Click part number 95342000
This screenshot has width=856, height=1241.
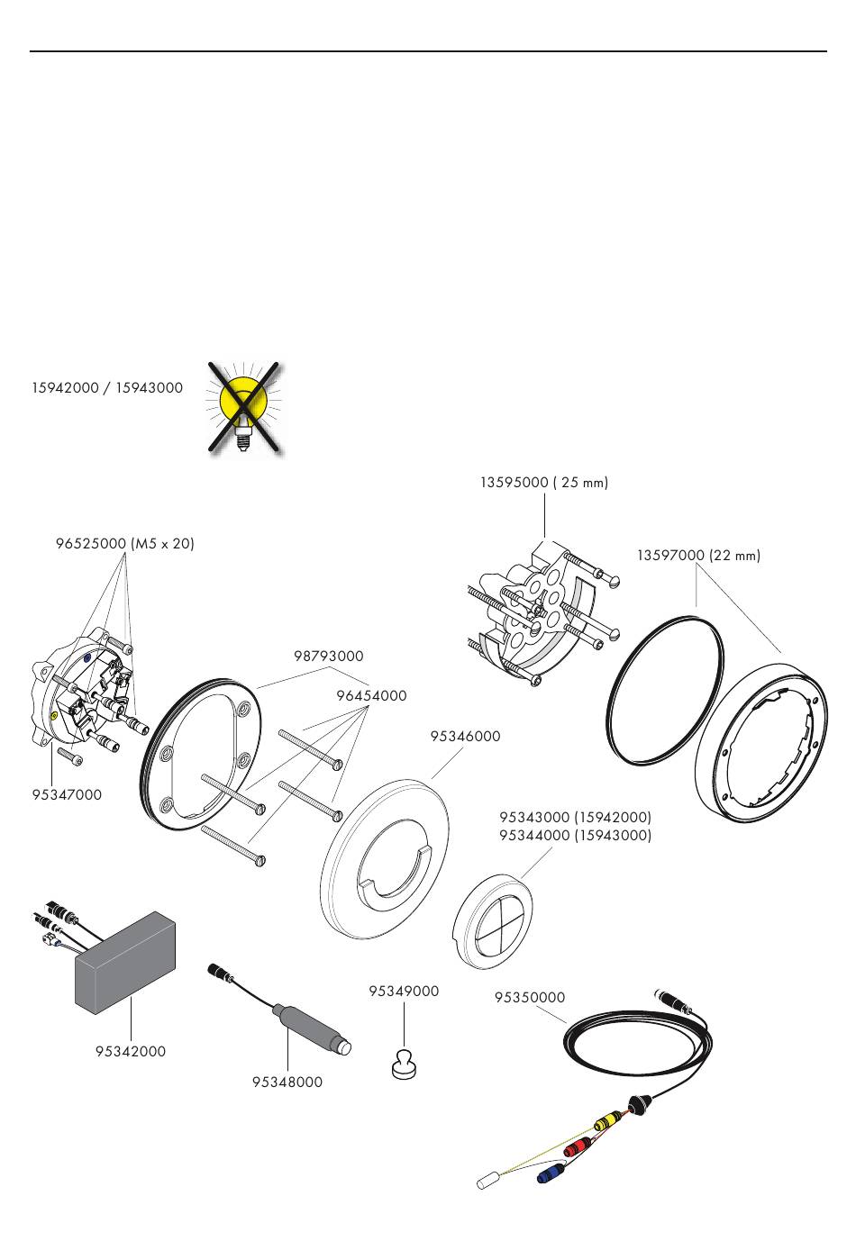coord(131,1051)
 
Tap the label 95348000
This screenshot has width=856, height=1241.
coord(287,1082)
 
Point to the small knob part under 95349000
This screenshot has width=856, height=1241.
coord(404,1064)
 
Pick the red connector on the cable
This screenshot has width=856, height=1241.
coord(576,1147)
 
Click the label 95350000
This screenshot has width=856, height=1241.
coord(530,997)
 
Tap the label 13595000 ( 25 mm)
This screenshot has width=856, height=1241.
coord(544,483)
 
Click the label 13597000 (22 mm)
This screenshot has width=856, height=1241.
coord(698,556)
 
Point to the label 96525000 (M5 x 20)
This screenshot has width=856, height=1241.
coord(124,544)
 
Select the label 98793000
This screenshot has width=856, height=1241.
coord(329,657)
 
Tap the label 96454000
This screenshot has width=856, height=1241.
coord(371,695)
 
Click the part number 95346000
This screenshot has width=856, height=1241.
coord(465,736)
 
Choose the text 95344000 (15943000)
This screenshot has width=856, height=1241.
coord(575,835)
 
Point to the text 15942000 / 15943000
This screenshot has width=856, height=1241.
coord(107,388)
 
